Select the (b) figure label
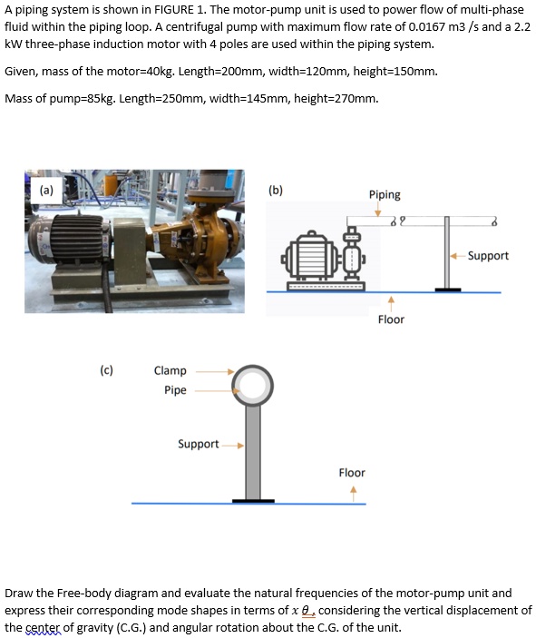276,191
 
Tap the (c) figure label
107,370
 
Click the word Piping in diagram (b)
385,194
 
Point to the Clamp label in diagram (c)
171,370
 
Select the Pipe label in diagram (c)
175,390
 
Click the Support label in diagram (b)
488,256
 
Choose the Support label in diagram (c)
198,444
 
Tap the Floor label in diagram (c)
352,473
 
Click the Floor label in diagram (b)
391,319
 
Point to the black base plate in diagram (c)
253,499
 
